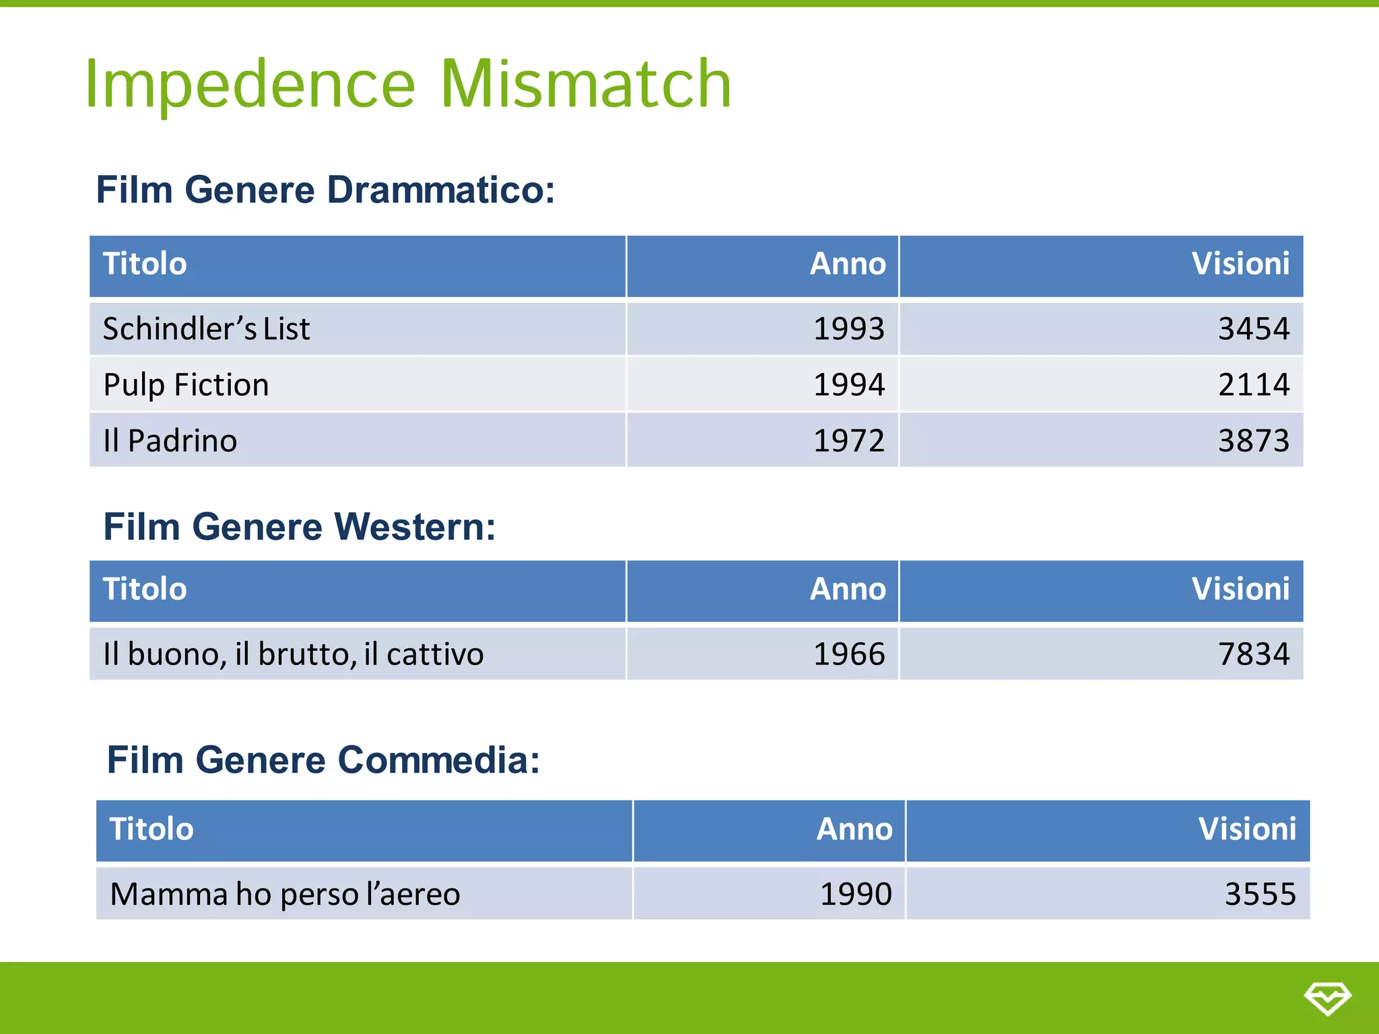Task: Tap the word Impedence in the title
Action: pos(250,85)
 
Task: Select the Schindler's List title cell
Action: pos(206,329)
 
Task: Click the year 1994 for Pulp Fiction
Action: pos(848,385)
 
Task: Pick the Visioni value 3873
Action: pos(1253,441)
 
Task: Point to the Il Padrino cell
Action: pos(170,441)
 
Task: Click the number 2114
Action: pos(1253,385)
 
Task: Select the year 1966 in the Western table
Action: pos(848,654)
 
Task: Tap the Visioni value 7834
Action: pos(1253,654)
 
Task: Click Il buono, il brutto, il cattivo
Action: pos(293,654)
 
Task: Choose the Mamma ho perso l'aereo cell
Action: pos(285,895)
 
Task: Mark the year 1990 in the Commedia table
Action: pos(855,895)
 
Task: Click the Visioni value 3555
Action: pos(1259,895)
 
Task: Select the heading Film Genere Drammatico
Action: pos(325,190)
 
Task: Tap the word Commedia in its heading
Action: pos(438,760)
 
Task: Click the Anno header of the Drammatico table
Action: pos(847,264)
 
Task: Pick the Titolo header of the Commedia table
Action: pos(152,829)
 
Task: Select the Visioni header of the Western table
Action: pos(1240,589)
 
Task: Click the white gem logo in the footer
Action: pos(1326,998)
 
